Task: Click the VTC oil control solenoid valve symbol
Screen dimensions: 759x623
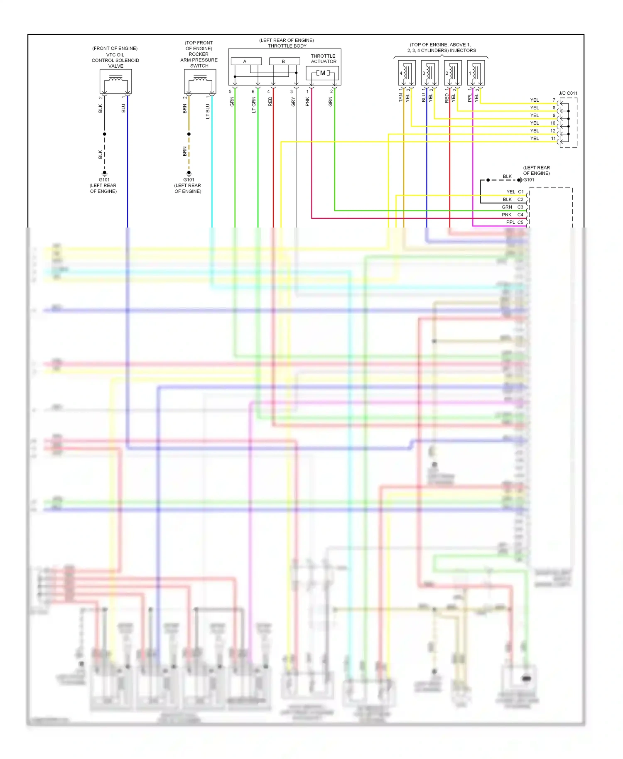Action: (115, 81)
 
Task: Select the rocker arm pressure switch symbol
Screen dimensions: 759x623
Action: (200, 81)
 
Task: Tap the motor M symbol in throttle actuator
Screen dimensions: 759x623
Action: (323, 73)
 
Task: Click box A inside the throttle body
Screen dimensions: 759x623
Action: (246, 61)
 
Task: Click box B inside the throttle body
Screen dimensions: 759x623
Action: (284, 61)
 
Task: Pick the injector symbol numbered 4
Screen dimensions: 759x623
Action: (406, 73)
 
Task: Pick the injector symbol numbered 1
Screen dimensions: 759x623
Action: (476, 73)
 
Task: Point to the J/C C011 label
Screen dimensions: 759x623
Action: (568, 93)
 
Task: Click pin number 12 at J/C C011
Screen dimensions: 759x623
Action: (553, 131)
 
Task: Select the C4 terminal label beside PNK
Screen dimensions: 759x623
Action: (520, 215)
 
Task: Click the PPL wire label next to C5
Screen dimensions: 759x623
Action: (510, 223)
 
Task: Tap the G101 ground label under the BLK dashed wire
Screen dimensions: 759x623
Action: (104, 180)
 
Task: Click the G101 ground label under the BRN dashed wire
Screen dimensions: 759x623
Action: (189, 180)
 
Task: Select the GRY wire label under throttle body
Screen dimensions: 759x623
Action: (293, 102)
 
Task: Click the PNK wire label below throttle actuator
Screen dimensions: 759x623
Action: (307, 102)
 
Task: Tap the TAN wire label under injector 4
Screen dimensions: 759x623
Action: (400, 98)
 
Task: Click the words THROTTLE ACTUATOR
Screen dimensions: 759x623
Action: (323, 59)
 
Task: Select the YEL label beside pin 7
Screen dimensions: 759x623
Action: (535, 100)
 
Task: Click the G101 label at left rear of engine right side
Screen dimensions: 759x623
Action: (529, 180)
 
